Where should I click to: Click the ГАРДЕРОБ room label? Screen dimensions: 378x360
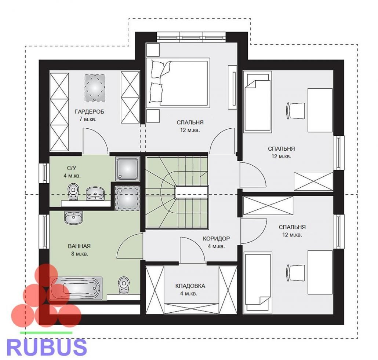click(x=89, y=112)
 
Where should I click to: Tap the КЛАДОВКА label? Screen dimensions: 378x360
click(x=190, y=286)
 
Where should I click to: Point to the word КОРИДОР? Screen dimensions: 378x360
click(x=216, y=239)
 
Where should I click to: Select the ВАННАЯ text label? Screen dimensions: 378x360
click(x=79, y=246)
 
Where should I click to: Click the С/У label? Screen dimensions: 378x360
click(x=72, y=168)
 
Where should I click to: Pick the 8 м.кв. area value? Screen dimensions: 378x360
click(x=80, y=254)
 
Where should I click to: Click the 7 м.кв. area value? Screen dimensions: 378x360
click(x=88, y=119)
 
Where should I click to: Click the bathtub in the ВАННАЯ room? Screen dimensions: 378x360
click(x=76, y=288)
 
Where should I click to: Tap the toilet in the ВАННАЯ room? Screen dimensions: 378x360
click(x=124, y=285)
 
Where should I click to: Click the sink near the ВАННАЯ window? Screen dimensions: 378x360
click(x=73, y=218)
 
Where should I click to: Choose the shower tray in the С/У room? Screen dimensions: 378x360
click(x=127, y=169)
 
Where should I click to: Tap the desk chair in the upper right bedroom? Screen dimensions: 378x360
click(x=295, y=110)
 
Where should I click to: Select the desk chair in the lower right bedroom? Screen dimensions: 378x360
click(x=295, y=273)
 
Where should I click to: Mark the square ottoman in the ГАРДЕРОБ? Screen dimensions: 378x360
click(x=95, y=88)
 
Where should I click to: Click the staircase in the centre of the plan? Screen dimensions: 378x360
click(x=177, y=192)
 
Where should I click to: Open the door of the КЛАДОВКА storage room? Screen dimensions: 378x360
click(x=192, y=250)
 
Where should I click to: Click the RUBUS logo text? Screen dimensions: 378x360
click(x=47, y=347)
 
